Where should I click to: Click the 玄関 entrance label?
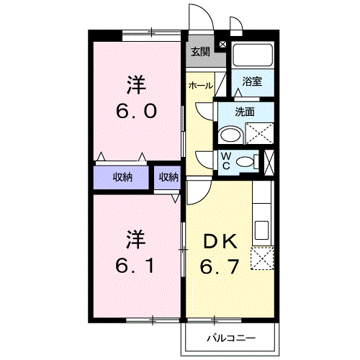coord(201,51)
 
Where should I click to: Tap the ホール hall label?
coord(199,86)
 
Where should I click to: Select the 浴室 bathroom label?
coord(252,81)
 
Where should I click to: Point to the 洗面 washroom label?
coord(246,112)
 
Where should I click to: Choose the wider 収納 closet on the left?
coord(122,177)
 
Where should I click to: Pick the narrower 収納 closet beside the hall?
coord(168,177)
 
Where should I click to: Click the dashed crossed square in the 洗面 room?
coord(259,134)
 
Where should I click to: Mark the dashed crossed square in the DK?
coord(262,257)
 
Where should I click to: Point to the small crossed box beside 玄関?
coord(222,45)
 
